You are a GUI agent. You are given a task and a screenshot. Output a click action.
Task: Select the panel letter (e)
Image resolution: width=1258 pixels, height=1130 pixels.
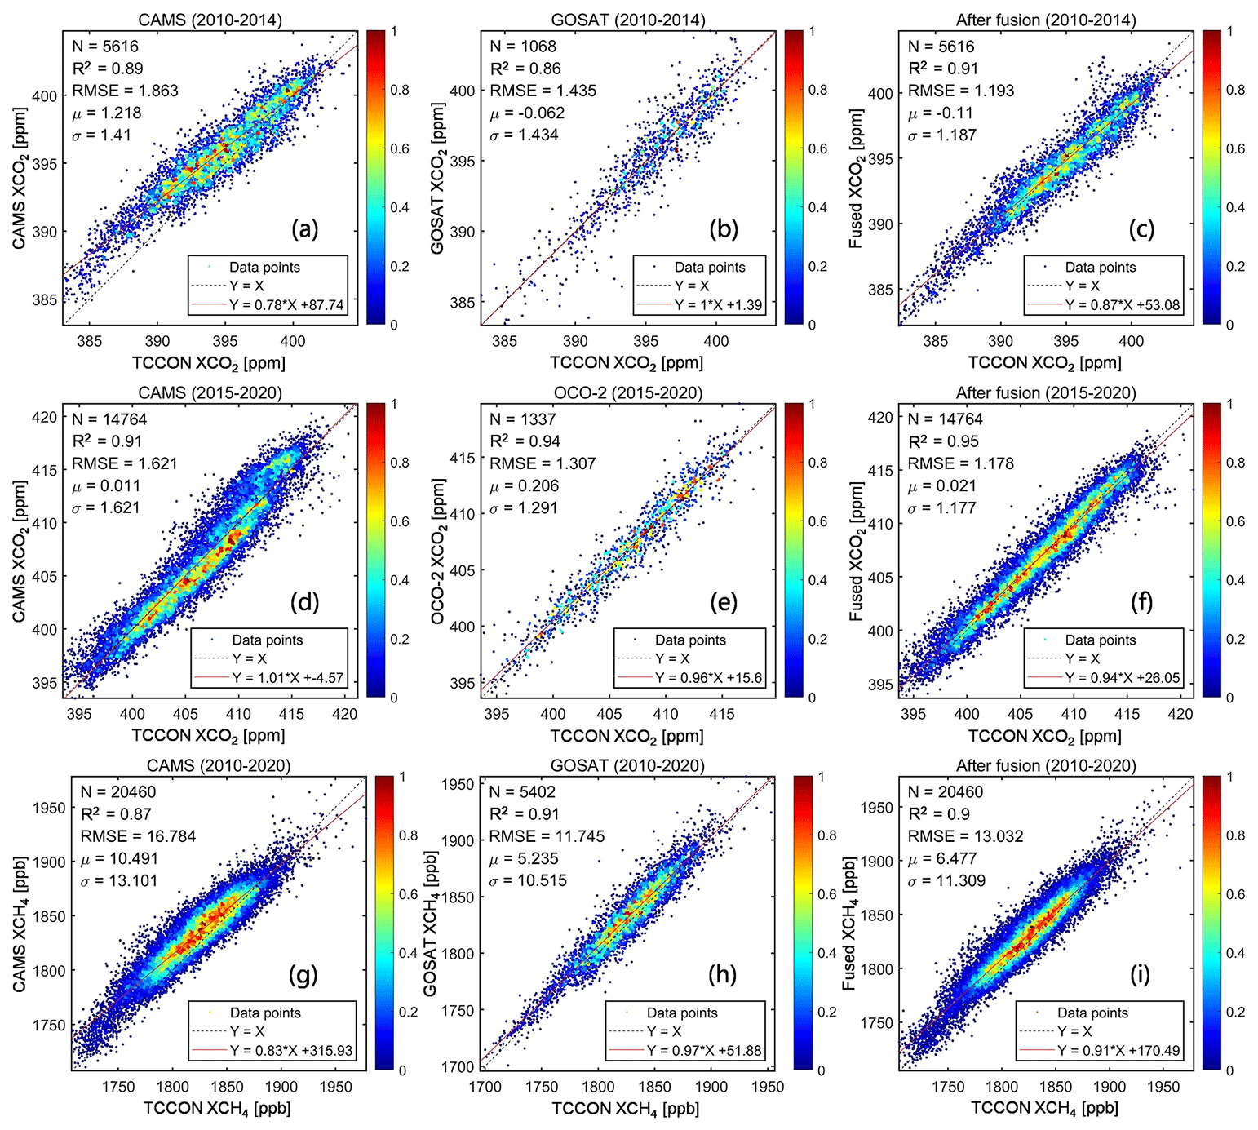[x=723, y=602]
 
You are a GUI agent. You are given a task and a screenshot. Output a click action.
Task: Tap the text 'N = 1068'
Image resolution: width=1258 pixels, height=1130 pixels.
[x=523, y=47]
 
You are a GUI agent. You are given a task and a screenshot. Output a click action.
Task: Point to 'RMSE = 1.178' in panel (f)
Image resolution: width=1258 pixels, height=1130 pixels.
[x=961, y=463]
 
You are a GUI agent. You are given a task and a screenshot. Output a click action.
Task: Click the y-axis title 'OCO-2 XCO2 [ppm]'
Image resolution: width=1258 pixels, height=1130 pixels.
[x=438, y=552]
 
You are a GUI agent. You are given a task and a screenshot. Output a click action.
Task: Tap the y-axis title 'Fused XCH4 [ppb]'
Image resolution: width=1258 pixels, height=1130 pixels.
[x=848, y=923]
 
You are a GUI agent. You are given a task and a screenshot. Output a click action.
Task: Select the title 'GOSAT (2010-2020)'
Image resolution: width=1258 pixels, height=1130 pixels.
[x=627, y=765]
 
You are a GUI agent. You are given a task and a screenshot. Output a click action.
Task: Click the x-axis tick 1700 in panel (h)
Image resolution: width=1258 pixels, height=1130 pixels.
[x=485, y=1087]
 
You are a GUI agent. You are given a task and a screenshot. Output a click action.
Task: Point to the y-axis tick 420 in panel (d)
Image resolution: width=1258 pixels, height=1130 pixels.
[x=46, y=417]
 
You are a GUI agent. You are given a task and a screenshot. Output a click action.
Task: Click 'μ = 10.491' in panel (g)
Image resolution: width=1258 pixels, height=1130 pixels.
[x=119, y=858]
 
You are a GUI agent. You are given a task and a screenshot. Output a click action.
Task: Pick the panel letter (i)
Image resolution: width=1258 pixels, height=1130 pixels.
[x=1140, y=974]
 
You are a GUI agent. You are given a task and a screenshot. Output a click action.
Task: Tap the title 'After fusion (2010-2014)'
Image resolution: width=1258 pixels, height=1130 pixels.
[x=1046, y=20]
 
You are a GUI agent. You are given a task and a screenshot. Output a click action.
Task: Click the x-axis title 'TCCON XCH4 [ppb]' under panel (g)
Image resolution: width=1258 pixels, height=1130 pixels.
[x=217, y=1108]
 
